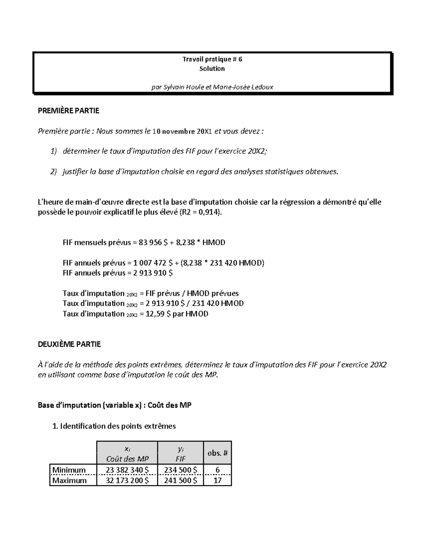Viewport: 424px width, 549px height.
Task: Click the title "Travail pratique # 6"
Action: [212, 59]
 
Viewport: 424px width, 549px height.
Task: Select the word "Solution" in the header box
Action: [212, 69]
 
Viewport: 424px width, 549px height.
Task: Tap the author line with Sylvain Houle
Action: [212, 87]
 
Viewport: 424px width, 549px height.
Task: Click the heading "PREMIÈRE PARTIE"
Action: [69, 111]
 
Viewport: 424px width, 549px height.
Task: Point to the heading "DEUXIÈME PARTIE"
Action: [69, 344]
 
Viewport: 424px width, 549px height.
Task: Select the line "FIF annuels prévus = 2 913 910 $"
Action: [118, 273]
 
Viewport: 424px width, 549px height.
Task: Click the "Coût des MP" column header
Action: [127, 459]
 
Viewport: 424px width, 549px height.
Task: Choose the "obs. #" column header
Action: [217, 453]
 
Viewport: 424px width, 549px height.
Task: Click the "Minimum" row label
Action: [69, 470]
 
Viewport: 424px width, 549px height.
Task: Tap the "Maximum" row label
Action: [70, 480]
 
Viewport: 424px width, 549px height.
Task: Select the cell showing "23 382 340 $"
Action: [127, 470]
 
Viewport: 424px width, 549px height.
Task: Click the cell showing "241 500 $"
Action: [181, 480]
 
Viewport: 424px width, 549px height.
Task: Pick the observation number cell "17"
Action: [217, 480]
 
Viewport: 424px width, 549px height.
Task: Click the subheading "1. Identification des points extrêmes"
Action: [114, 426]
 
